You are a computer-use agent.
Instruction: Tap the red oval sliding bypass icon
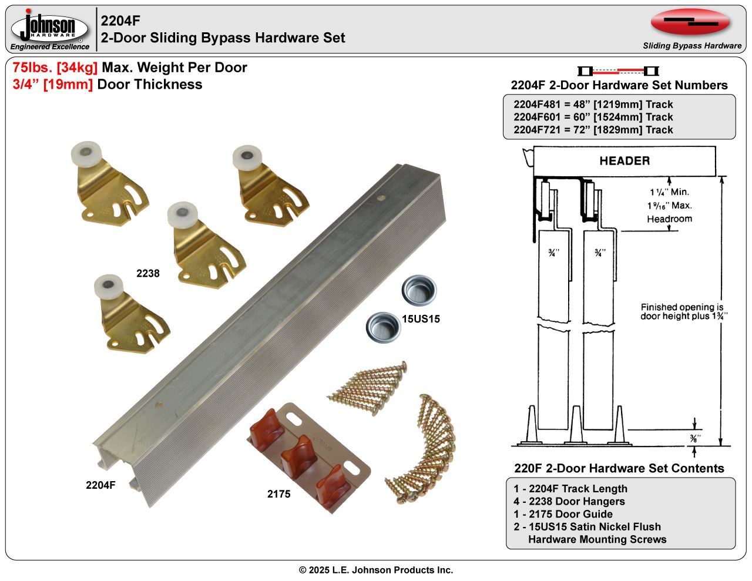(x=690, y=22)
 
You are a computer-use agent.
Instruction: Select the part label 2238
(x=148, y=273)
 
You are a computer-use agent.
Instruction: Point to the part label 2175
(x=278, y=494)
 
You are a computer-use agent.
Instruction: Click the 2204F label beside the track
(x=100, y=485)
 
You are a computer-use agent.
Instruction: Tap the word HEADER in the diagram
(x=624, y=161)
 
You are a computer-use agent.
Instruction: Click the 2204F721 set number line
(x=593, y=130)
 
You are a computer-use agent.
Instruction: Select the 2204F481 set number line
(x=593, y=105)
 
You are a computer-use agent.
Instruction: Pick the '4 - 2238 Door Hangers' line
(x=569, y=502)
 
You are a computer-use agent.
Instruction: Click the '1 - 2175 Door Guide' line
(x=563, y=514)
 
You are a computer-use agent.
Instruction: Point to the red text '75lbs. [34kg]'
(x=55, y=68)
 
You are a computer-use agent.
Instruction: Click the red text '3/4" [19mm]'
(x=52, y=85)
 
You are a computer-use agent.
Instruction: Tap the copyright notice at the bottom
(x=376, y=570)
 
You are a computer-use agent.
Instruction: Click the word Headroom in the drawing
(x=669, y=219)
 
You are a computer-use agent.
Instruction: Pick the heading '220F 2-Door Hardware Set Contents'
(x=619, y=468)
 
